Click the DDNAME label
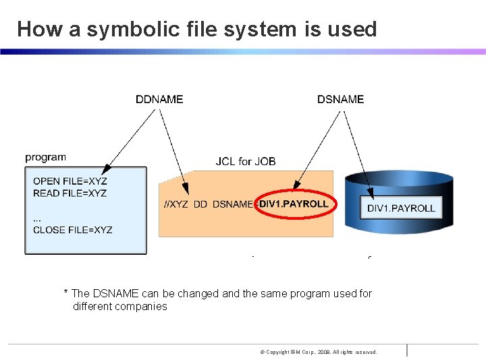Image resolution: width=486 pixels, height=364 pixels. [159, 99]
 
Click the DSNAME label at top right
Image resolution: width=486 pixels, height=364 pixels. [340, 99]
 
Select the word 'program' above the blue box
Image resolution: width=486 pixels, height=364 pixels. [46, 157]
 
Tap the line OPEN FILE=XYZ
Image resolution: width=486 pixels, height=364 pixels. [70, 181]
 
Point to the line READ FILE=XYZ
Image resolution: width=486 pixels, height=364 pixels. [70, 193]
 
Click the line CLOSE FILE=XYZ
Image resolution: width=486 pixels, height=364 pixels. [73, 230]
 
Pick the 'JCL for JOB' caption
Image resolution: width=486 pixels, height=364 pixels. [246, 161]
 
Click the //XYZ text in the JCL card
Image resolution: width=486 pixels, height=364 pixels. [175, 204]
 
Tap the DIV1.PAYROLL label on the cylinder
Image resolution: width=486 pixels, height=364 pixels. [401, 208]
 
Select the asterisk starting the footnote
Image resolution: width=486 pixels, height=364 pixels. [65, 293]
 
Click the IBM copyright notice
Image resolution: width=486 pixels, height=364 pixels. [319, 352]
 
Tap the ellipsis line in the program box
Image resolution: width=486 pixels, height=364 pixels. [37, 217]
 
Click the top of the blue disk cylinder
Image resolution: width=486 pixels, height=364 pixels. [398, 177]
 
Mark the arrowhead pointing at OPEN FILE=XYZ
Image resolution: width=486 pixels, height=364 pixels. [105, 173]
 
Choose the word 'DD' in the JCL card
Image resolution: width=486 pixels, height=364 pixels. [200, 204]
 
